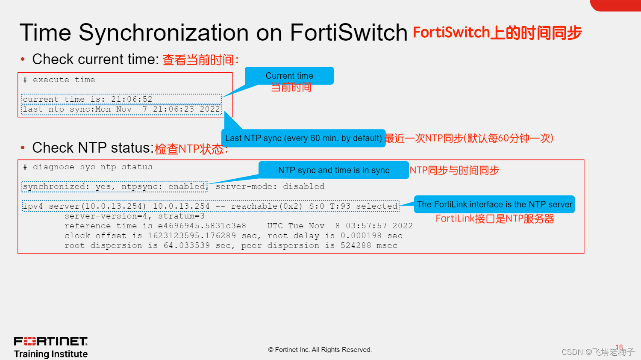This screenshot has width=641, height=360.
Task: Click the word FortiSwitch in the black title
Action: (x=348, y=32)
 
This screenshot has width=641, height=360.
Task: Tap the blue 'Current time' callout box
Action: (x=289, y=76)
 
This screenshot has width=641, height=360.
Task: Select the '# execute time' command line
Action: (x=59, y=80)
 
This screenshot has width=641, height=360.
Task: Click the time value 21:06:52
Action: (x=132, y=99)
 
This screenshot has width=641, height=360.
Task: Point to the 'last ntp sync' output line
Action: (x=121, y=109)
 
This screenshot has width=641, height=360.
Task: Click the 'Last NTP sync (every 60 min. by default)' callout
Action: (x=303, y=138)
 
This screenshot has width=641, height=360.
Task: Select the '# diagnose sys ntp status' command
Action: (x=88, y=167)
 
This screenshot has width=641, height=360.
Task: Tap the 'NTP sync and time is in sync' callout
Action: (x=333, y=170)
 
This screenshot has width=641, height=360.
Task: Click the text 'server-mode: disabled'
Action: (x=270, y=186)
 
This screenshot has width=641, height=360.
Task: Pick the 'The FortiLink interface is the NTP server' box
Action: (x=494, y=204)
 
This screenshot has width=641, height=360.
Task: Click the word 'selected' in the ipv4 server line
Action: (x=377, y=206)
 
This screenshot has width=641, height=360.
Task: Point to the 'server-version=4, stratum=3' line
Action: (x=134, y=216)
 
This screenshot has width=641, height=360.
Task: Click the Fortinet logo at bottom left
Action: (x=51, y=341)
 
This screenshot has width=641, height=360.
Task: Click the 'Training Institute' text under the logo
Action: (x=51, y=354)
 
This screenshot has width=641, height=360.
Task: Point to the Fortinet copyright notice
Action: (x=320, y=350)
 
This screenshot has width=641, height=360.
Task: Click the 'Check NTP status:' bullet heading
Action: (x=93, y=148)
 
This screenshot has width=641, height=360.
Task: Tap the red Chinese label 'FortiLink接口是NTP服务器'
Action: (x=495, y=219)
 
